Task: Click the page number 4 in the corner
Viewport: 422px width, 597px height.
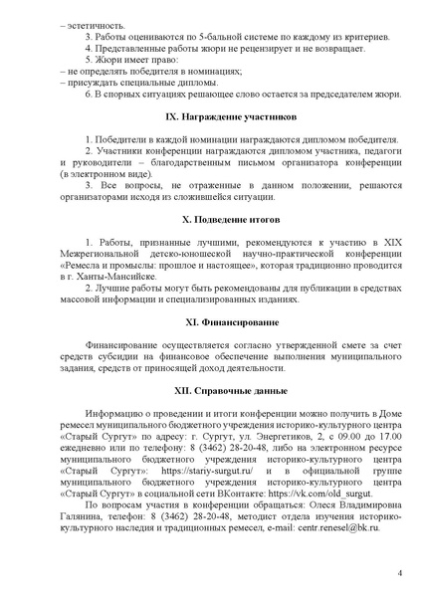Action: click(399, 573)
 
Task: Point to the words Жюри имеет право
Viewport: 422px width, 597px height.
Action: click(124, 60)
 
